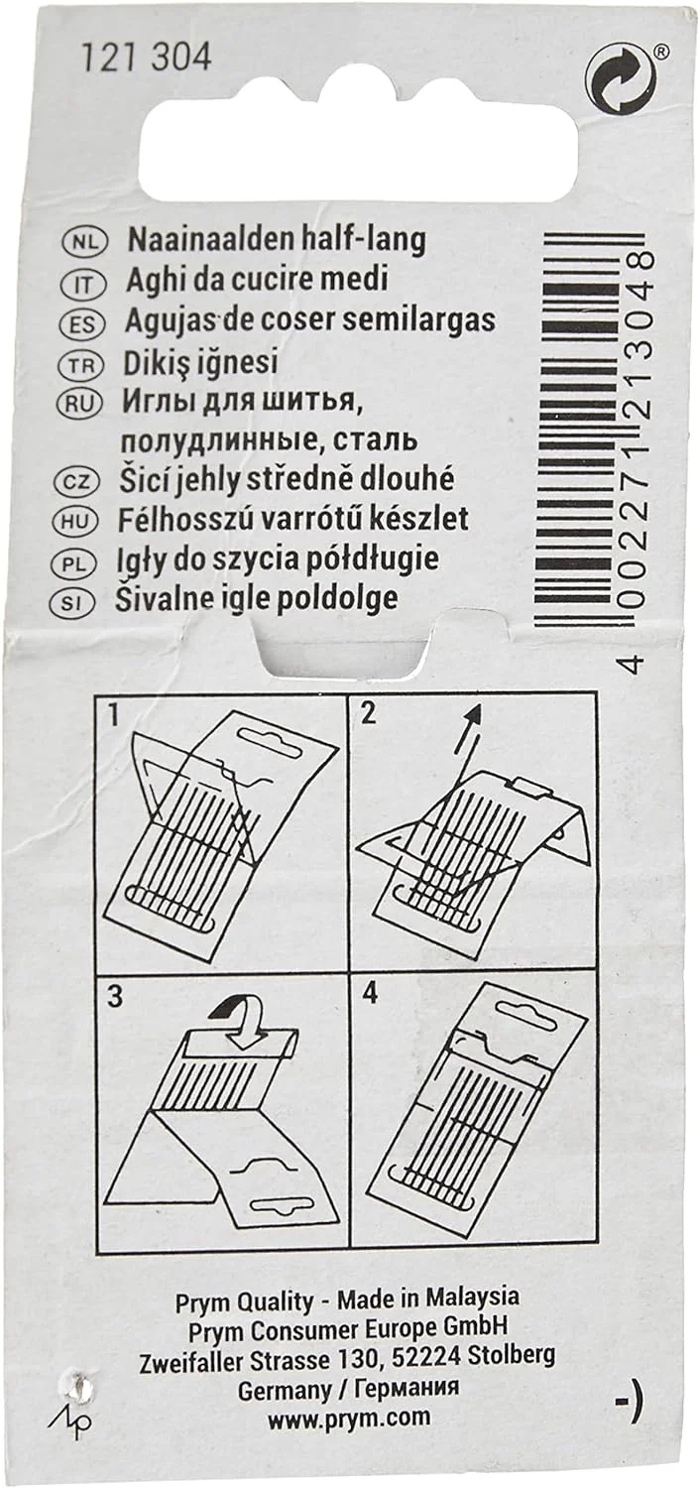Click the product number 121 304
coord(146,60)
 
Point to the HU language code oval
coord(78,522)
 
